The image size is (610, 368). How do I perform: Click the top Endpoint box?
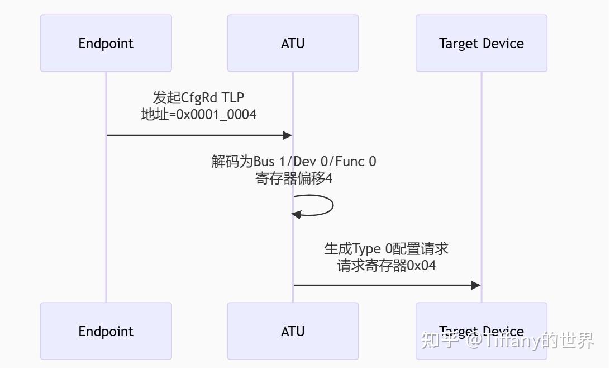[x=106, y=43]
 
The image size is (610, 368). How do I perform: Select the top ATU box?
[x=293, y=43]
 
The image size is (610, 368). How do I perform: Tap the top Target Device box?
[x=481, y=43]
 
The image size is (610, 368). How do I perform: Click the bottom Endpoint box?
[x=106, y=331]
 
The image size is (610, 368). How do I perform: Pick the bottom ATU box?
[x=293, y=331]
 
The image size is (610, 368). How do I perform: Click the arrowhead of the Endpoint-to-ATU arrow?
[x=288, y=135]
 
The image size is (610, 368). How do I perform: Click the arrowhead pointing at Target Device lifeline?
[x=476, y=285]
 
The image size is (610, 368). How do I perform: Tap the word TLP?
[x=233, y=98]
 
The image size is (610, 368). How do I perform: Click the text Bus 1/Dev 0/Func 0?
[x=314, y=162]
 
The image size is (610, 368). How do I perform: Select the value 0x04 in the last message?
[x=421, y=265]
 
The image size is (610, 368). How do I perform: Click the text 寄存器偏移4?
[x=294, y=178]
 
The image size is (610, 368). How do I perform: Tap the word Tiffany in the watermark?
[x=512, y=340]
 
